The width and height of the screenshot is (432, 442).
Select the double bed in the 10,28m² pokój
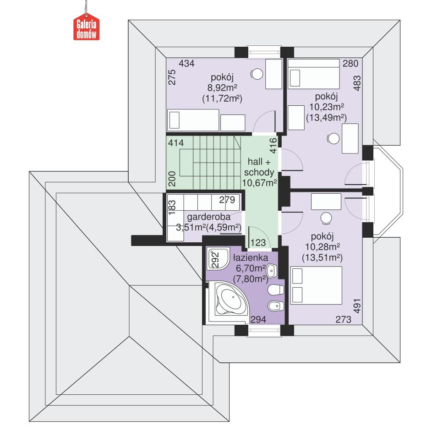click(317, 285)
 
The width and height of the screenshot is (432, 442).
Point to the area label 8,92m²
click(222, 87)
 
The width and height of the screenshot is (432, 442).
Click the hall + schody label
click(260, 167)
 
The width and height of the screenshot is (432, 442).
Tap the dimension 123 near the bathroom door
click(258, 242)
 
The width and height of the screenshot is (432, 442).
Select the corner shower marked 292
click(214, 259)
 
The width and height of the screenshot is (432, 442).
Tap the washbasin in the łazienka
click(272, 271)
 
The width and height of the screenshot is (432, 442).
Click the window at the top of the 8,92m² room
click(264, 51)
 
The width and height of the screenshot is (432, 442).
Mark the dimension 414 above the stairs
click(175, 143)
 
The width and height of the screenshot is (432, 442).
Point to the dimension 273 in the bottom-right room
click(343, 320)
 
